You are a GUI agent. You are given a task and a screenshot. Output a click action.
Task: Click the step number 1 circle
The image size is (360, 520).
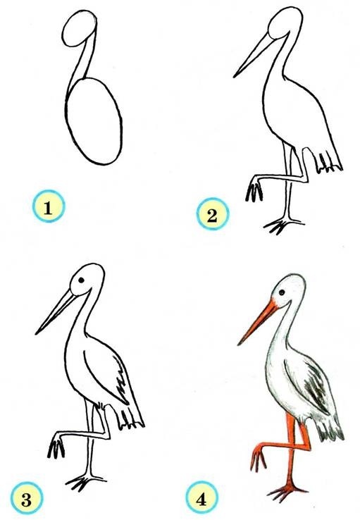coord(49,206)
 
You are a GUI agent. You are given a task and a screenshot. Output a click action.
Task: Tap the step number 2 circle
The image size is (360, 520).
coord(213,214)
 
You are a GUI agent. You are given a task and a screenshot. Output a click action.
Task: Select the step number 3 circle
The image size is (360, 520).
coord(27,497)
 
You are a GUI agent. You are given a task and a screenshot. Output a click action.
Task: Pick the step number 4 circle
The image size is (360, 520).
coord(201,497)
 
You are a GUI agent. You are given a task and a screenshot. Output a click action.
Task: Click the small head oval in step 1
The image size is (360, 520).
coord(79,28)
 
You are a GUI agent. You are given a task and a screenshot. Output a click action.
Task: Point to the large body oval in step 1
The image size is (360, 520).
coord(94,121)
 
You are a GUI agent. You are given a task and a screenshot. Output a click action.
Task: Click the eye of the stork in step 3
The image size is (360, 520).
coord(81,280)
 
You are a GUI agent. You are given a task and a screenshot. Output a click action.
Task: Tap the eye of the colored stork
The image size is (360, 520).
coord(281,292)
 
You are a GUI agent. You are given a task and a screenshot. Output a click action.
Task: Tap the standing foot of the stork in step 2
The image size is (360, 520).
coord(283,225)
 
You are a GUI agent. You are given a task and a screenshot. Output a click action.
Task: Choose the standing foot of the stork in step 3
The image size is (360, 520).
coord(85,482)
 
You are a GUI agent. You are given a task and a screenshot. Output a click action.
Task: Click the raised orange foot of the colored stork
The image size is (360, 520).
coord(259,458)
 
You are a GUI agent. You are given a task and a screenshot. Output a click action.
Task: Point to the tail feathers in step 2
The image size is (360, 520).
coord(328,163)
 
